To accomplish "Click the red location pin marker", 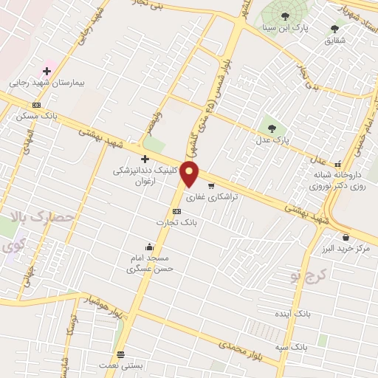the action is tap(190, 174).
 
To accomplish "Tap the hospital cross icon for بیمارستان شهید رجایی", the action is tap(47, 71).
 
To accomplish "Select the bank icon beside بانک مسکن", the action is tap(37, 105).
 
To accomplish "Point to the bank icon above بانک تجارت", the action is tap(176, 211).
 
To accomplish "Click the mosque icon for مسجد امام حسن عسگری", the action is tap(150, 247).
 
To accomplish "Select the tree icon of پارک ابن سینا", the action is tap(285, 16).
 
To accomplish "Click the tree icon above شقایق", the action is tap(334, 29).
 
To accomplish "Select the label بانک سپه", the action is tap(310, 346).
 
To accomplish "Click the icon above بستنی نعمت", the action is tap(120, 354).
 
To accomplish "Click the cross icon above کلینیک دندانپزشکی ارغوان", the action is tap(145, 159).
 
